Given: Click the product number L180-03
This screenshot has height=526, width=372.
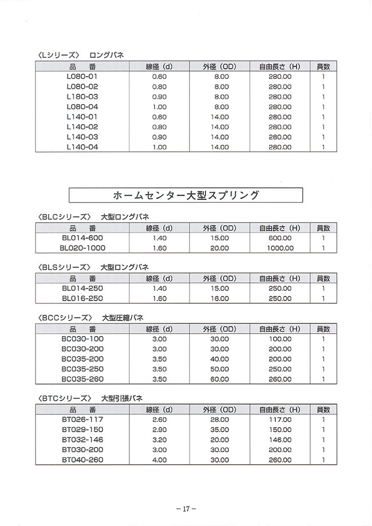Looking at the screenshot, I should click(x=82, y=96).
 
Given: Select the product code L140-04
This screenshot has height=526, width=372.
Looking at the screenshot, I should click(x=82, y=147).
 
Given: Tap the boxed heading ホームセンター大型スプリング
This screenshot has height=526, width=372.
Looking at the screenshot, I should click(x=185, y=195).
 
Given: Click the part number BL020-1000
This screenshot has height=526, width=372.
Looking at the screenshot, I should click(x=82, y=248).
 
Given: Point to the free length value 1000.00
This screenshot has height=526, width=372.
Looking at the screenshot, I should click(x=280, y=248).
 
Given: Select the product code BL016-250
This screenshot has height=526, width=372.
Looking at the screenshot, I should click(x=82, y=298).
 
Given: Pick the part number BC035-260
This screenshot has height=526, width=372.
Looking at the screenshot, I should click(x=82, y=379).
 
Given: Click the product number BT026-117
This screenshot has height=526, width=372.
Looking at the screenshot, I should click(x=82, y=420).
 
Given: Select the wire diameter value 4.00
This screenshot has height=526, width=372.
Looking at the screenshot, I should click(x=160, y=460).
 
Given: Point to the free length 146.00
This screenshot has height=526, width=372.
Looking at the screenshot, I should click(x=280, y=440).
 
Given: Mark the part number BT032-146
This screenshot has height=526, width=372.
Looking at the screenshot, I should click(x=82, y=440).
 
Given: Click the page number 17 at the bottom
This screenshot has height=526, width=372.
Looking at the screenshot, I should click(x=186, y=508).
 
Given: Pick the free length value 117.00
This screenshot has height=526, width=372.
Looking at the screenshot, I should click(x=280, y=420).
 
